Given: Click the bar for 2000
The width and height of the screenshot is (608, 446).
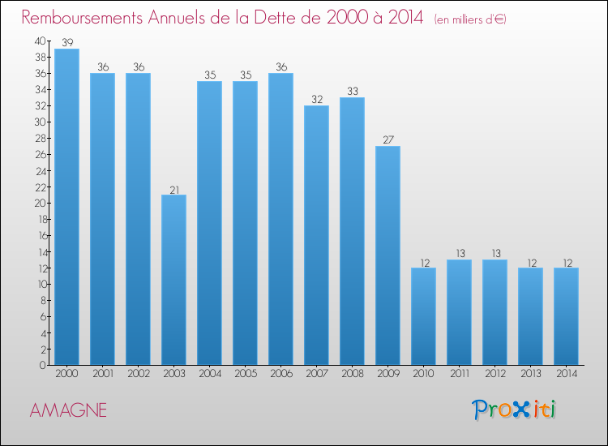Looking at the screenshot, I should (66, 207).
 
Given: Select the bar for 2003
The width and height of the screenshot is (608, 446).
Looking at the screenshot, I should (173, 280).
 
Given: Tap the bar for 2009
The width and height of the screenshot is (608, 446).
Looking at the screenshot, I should (387, 255).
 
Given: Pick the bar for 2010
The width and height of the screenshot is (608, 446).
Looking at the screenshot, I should (423, 316).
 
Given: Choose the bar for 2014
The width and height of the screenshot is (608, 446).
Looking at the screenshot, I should (566, 316).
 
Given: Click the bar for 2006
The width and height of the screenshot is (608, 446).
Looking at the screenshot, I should (280, 219).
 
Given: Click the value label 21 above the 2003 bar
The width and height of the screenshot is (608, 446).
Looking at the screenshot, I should (173, 190).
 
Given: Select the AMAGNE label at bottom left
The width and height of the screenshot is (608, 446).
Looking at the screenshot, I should (68, 410).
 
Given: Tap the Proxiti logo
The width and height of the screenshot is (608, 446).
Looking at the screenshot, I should (514, 409).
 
